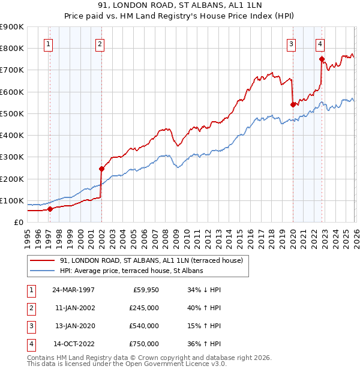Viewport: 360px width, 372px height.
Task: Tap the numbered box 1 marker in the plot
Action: pyautogui.click(x=47, y=43)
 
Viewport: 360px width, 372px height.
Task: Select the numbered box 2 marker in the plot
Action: pyautogui.click(x=99, y=43)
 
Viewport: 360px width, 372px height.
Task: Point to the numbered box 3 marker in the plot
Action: pyautogui.click(x=291, y=43)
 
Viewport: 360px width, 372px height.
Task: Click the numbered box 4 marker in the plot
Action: pyautogui.click(x=320, y=43)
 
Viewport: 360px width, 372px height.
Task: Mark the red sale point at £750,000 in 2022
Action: pyautogui.click(x=322, y=59)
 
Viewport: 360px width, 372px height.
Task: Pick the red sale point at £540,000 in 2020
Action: pyautogui.click(x=293, y=104)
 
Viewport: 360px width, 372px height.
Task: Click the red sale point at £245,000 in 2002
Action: pyautogui.click(x=101, y=169)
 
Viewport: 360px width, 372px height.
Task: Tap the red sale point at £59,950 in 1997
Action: pyautogui.click(x=50, y=209)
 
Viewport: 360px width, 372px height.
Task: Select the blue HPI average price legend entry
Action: pyautogui.click(x=131, y=271)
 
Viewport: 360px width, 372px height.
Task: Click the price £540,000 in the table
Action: pyautogui.click(x=143, y=326)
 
